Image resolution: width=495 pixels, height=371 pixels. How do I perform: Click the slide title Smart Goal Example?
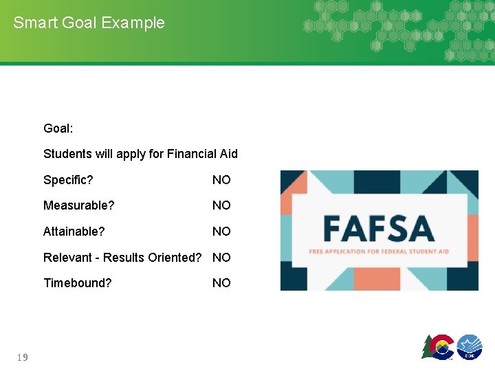pos(89,23)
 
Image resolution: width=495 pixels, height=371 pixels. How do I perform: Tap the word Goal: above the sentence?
pos(58,128)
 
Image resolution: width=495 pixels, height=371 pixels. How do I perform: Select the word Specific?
pos(68,180)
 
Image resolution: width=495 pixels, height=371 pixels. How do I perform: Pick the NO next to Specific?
pos(221,180)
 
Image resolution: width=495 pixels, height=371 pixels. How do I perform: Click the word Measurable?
pos(78,205)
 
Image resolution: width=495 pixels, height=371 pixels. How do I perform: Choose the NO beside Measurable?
pos(221,205)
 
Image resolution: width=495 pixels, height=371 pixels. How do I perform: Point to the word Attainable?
pos(74,232)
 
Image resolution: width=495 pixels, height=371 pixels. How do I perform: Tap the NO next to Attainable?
pos(221,232)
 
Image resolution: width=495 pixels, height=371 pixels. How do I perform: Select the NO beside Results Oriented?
pos(221,258)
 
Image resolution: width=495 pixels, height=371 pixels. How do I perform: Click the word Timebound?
pos(77,283)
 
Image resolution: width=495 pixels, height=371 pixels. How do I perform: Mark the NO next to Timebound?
pos(221,283)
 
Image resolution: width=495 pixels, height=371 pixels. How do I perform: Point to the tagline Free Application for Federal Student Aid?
pos(379,251)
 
